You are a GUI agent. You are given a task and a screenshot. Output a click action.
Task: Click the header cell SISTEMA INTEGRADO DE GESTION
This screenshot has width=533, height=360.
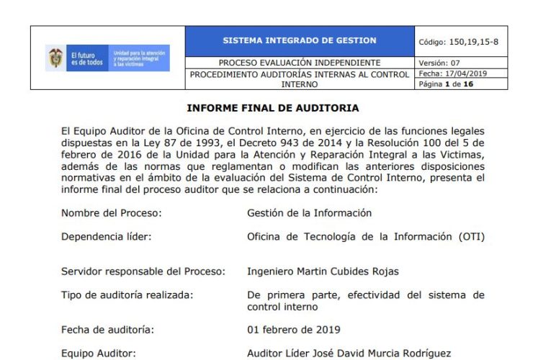point(300,41)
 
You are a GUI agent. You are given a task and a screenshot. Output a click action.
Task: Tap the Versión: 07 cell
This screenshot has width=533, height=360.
point(437,63)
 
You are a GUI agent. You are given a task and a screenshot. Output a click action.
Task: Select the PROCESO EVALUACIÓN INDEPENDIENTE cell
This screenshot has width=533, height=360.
point(300,63)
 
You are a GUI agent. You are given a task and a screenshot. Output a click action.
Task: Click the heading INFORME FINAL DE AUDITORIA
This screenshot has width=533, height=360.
point(272,108)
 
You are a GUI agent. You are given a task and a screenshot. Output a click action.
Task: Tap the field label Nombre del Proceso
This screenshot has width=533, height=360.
point(111,213)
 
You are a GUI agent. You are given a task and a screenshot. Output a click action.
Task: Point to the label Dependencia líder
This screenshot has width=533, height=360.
point(106,236)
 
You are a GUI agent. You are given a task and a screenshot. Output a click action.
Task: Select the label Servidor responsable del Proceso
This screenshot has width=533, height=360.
point(143,271)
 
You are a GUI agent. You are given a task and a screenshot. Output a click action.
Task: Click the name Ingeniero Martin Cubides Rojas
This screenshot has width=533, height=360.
point(322,271)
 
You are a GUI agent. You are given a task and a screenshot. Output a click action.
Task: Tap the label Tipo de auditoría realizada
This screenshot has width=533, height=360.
point(127,295)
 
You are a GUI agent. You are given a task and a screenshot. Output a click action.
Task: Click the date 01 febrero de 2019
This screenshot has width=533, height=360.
point(294,330)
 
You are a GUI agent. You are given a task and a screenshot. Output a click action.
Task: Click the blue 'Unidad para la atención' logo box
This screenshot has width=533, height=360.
point(140,58)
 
